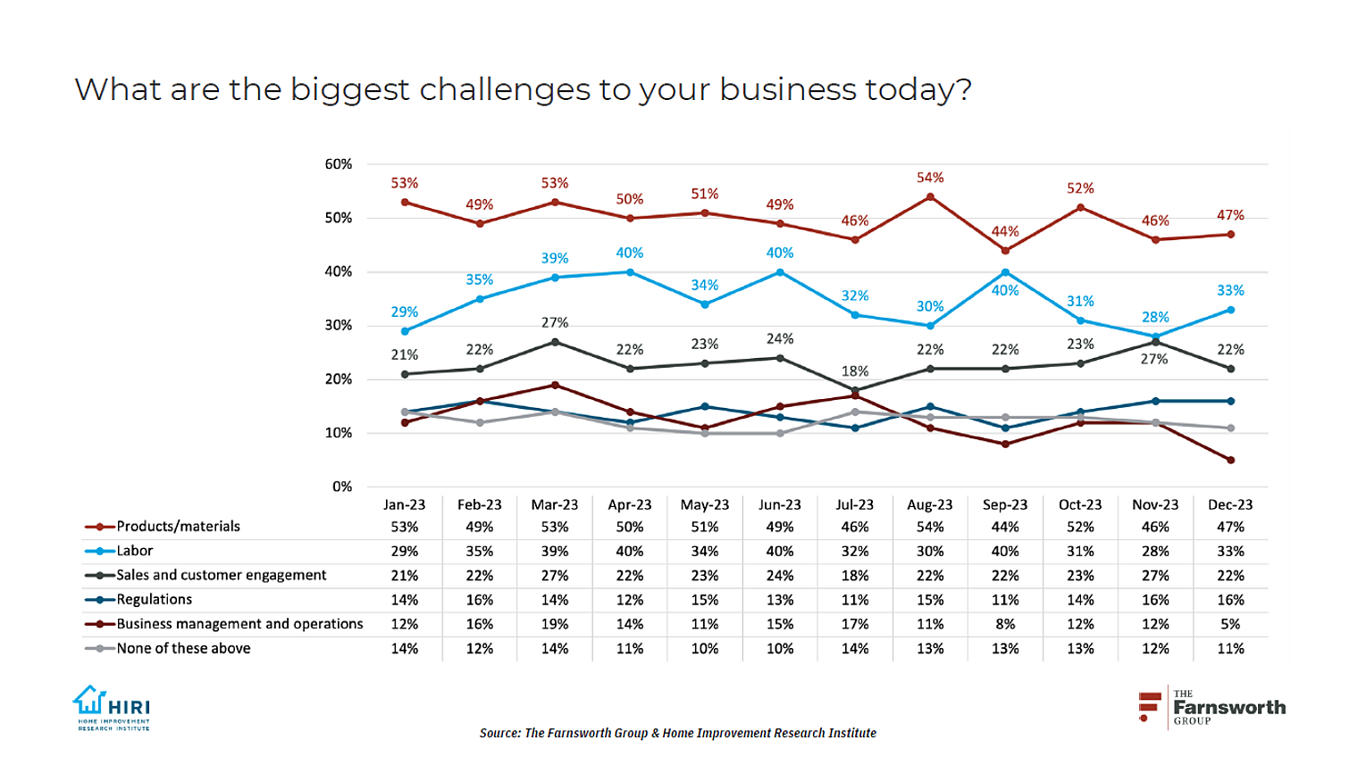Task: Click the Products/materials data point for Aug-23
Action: coord(930,197)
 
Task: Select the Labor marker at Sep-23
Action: coord(1005,272)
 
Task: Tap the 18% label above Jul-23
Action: coord(855,370)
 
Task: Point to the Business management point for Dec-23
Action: coord(1230,461)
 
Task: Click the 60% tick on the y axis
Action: coord(339,164)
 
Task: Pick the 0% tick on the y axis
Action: coord(342,487)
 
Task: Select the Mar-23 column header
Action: coord(554,504)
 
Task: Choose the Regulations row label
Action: coord(154,599)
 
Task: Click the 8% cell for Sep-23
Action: coord(1005,624)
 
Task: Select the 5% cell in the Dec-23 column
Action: coord(1230,624)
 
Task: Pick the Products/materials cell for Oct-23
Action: coord(1080,527)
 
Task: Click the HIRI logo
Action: coord(112,708)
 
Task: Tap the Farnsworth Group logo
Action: coord(1212,708)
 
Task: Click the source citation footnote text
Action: coord(677,733)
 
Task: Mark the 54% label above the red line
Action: coord(930,178)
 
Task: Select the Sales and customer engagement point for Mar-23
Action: coord(555,342)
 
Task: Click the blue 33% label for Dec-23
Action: coord(1230,290)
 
